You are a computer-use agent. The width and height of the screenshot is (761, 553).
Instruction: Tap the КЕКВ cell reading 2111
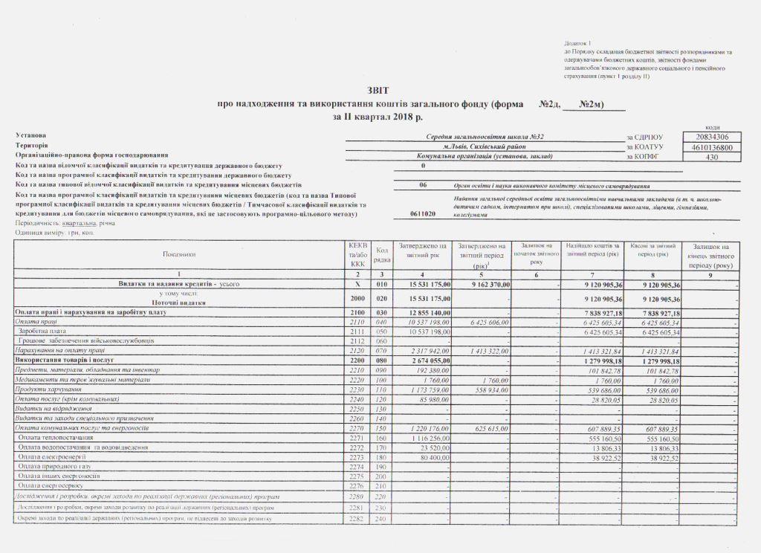tap(357, 332)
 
